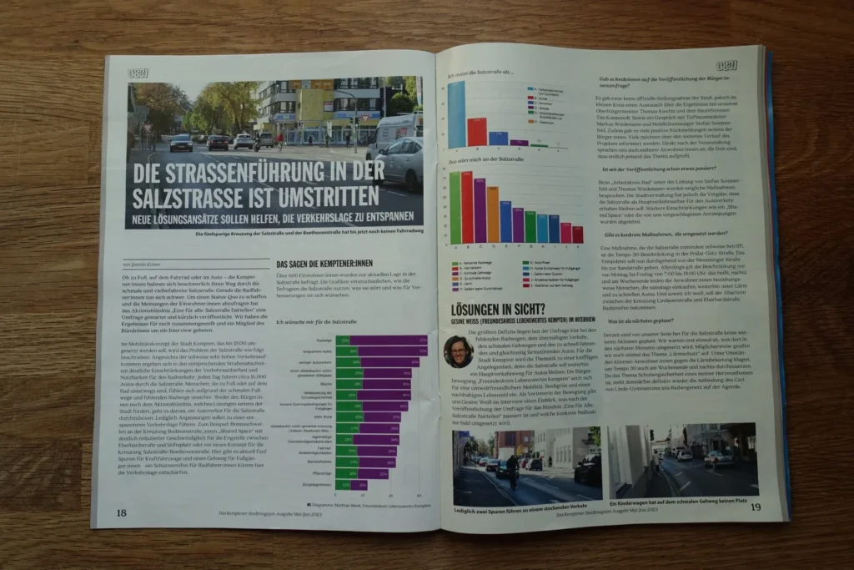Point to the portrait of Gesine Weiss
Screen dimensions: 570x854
click(x=458, y=351)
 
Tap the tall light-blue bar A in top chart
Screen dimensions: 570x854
click(x=456, y=114)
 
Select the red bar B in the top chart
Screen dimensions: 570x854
click(x=476, y=132)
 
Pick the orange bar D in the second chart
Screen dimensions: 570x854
click(x=493, y=214)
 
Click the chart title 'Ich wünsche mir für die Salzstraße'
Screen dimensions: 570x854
click(x=309, y=321)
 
